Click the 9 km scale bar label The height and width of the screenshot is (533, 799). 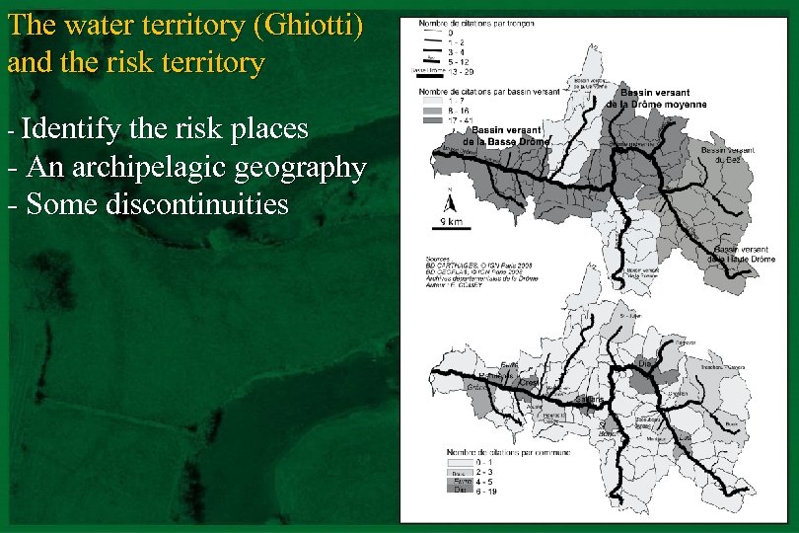click(450, 221)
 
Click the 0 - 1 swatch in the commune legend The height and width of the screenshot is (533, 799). click(461, 461)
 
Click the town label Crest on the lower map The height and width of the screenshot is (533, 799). click(529, 382)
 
